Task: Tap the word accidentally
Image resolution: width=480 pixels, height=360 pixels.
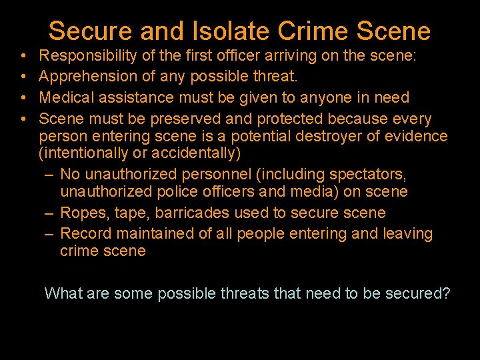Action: (x=200, y=153)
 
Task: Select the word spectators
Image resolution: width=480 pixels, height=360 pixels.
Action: (x=370, y=175)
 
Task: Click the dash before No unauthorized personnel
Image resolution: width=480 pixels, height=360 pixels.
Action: (x=51, y=175)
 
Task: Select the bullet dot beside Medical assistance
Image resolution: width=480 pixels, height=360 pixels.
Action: (x=23, y=98)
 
